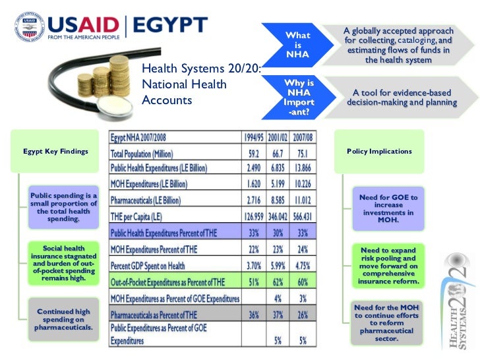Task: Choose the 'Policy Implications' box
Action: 379,151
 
